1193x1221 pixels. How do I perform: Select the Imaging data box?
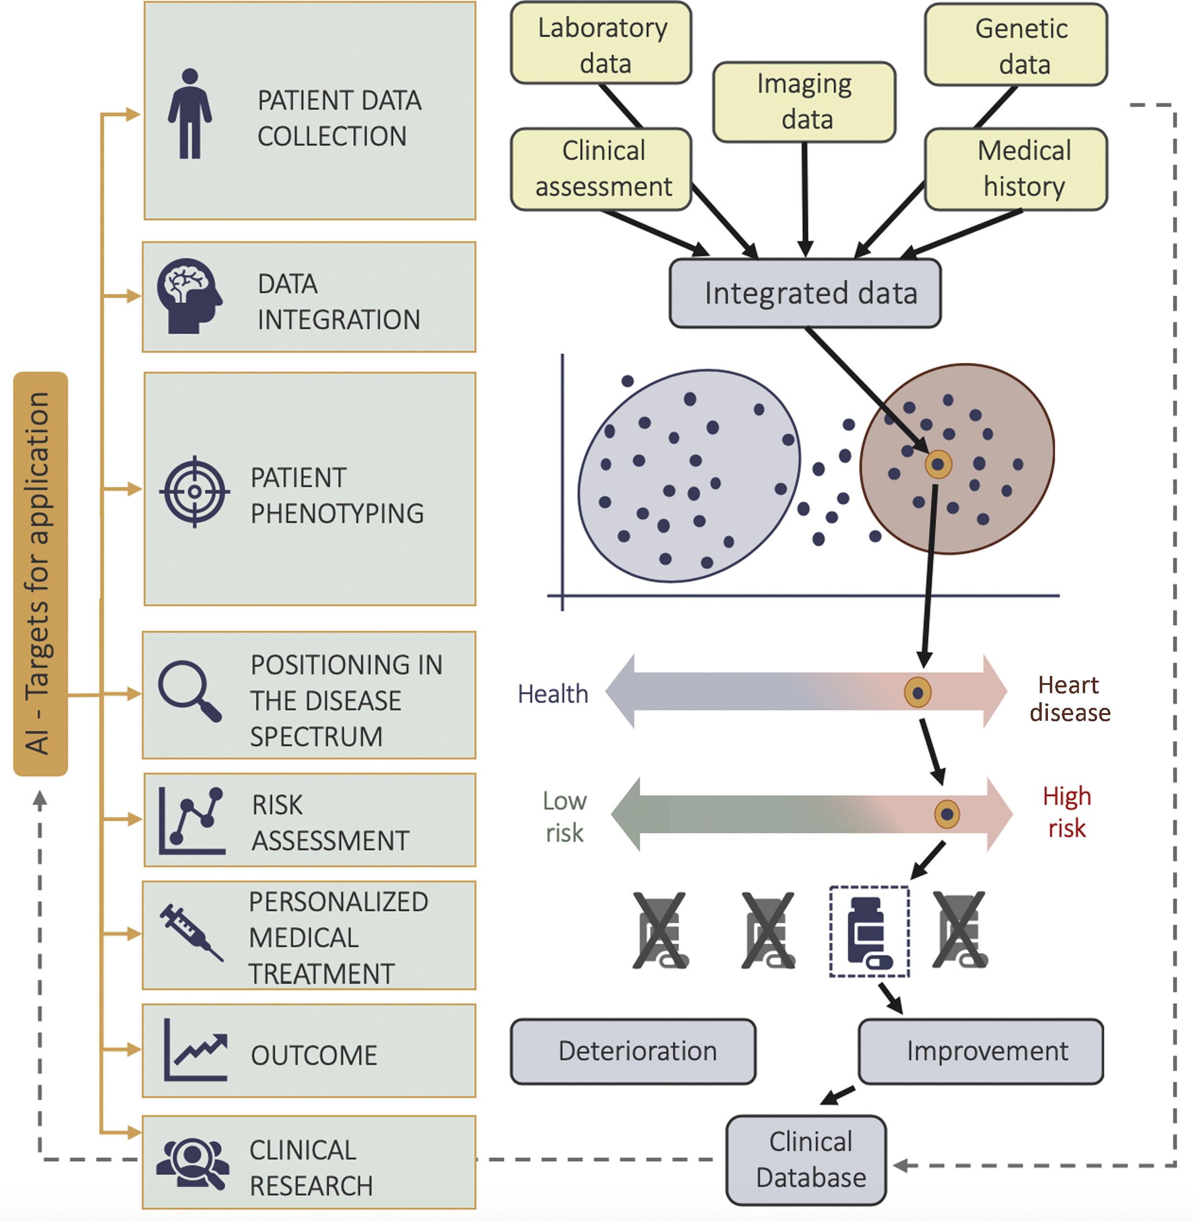[805, 102]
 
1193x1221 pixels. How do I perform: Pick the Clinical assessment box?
[602, 169]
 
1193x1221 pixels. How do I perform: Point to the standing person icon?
[190, 114]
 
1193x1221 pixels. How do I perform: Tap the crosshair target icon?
[194, 492]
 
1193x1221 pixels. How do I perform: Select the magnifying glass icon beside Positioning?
[189, 691]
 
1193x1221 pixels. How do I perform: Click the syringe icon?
[190, 932]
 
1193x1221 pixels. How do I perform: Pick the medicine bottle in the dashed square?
[869, 931]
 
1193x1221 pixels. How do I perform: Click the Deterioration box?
[633, 1051]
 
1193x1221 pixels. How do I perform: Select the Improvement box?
[981, 1051]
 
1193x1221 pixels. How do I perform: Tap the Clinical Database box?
[806, 1159]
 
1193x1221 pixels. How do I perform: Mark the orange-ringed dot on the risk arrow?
[947, 814]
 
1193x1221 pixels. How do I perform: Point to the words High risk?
[1067, 812]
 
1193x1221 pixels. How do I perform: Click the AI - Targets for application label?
[40, 574]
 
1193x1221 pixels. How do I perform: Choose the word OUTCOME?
[314, 1055]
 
